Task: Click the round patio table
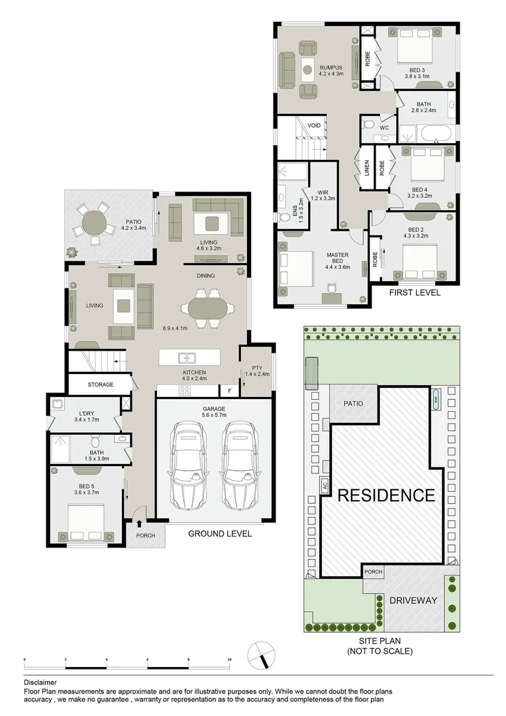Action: pos(94,222)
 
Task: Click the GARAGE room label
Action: pos(214,409)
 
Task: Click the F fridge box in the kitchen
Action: pos(230,391)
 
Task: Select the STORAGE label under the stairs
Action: pos(101,385)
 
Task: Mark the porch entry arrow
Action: pos(138,524)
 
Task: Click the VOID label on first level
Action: pos(315,125)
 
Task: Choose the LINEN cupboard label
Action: pos(366,173)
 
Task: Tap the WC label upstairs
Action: pos(383,127)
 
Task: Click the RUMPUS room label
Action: pos(330,67)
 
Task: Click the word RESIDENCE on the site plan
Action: pos(387,495)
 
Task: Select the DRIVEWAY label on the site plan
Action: pos(413,600)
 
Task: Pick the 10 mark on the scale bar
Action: pos(229,660)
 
